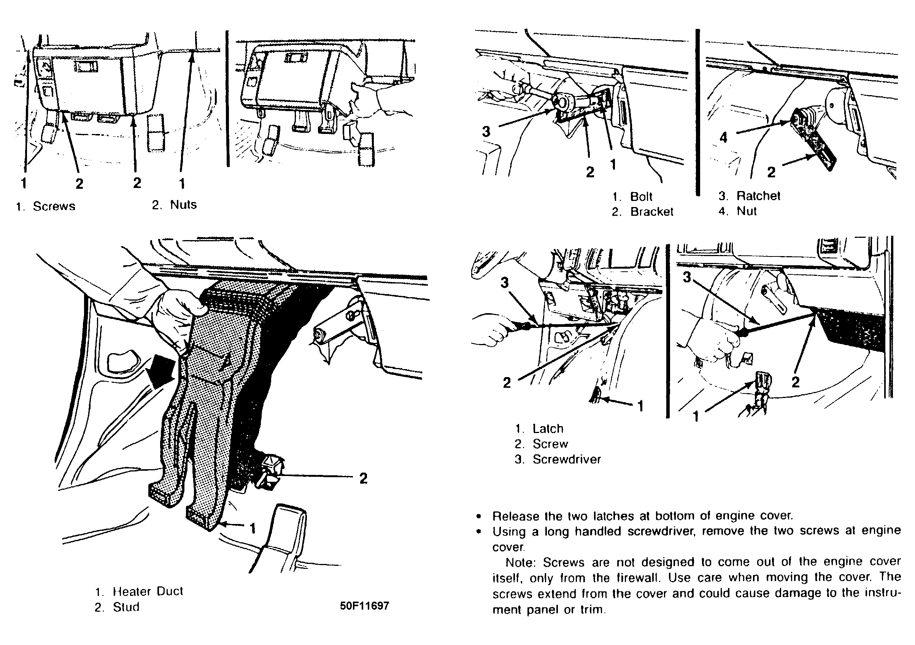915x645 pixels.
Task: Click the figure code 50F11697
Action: [364, 605]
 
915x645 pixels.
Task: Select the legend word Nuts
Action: [183, 204]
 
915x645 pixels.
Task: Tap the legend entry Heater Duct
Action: [148, 591]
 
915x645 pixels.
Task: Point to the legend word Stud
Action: [126, 607]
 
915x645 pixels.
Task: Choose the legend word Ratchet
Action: [758, 196]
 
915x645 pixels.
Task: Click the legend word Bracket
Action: [651, 212]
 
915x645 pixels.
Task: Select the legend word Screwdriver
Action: [566, 459]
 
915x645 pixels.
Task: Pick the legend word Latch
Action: [548, 428]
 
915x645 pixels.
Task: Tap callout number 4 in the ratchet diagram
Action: [723, 137]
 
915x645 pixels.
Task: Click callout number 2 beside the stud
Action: [363, 478]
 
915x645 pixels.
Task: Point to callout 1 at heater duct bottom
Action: [252, 528]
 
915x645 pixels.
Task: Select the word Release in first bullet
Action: [516, 516]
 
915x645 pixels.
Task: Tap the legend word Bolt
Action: [641, 196]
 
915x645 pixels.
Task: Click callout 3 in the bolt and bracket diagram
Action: [486, 131]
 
